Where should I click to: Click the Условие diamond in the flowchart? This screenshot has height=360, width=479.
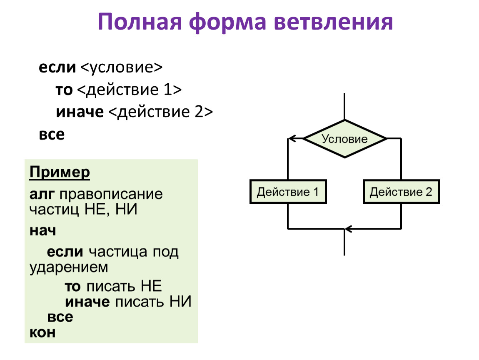point(345,139)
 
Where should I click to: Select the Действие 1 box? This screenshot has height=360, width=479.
point(288,192)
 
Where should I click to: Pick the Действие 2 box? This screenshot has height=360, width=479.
point(401,192)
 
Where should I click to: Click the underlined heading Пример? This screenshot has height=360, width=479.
point(60,172)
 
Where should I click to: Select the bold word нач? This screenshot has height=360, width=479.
point(42,230)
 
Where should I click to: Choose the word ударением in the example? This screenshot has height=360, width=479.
point(69,267)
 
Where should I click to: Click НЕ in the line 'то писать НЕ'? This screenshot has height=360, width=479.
point(151,287)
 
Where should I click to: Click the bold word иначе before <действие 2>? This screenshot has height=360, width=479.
point(80,112)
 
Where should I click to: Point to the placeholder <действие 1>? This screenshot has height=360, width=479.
point(130,90)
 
